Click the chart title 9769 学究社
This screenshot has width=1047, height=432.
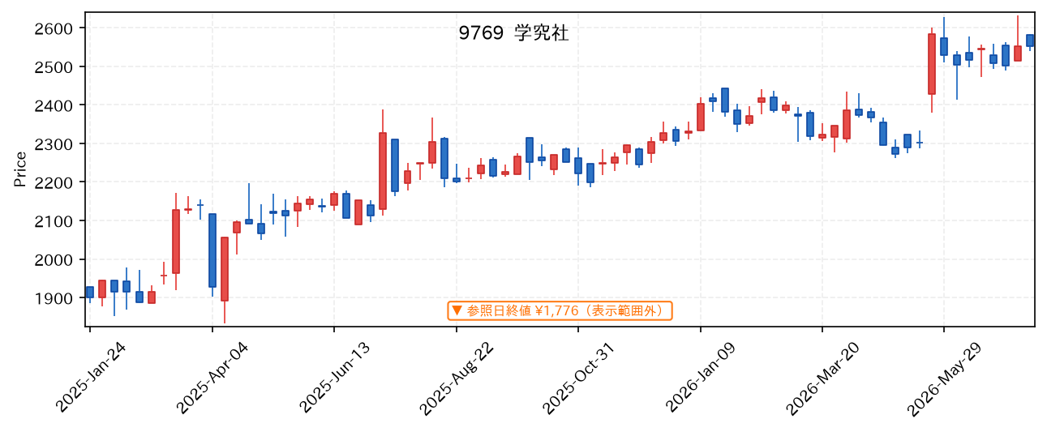[x=513, y=33]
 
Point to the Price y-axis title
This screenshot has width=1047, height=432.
[x=19, y=169]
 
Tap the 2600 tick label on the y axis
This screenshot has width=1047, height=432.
[x=54, y=29]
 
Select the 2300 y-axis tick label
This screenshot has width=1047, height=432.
[x=54, y=144]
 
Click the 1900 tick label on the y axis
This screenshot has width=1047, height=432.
[x=54, y=298]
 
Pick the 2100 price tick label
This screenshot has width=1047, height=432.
[x=54, y=221]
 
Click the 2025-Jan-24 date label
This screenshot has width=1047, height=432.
[x=91, y=378]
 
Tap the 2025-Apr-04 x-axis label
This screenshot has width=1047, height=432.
[x=212, y=378]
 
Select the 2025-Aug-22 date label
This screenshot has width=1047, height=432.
[x=457, y=379]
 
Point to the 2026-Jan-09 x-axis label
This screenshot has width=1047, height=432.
[x=700, y=378]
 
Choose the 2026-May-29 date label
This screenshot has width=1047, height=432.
[x=944, y=379]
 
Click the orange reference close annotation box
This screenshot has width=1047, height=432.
[x=560, y=311]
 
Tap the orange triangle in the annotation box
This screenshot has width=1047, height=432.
[x=457, y=310]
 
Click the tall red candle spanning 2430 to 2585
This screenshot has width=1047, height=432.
[x=932, y=64]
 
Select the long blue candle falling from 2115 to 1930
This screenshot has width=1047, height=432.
[x=212, y=250]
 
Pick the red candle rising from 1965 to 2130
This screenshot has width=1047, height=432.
[x=176, y=242]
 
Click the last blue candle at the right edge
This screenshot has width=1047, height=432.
[x=1030, y=41]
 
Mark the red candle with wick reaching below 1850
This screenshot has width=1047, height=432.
[x=225, y=269]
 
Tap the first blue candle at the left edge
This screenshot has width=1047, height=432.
[x=90, y=293]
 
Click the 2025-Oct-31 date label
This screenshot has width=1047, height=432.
[x=578, y=378]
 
